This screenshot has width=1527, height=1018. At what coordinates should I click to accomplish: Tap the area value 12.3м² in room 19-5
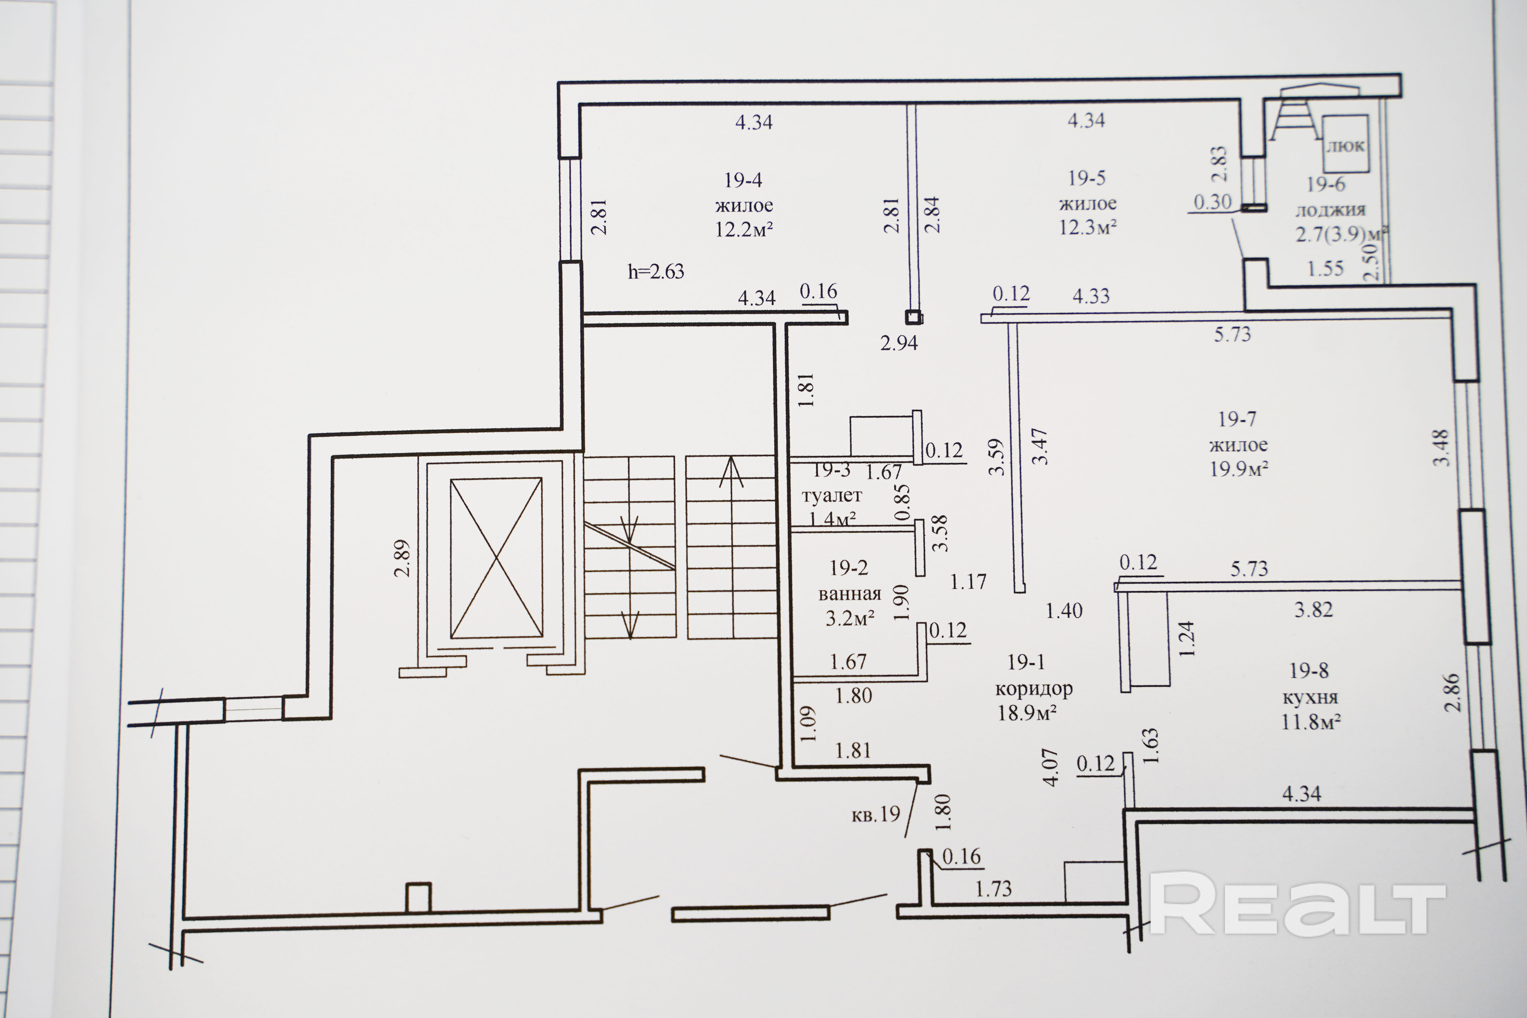coord(1088,227)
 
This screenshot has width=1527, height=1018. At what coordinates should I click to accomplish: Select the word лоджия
coord(1330,210)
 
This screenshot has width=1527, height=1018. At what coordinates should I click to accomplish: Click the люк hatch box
coord(1345,144)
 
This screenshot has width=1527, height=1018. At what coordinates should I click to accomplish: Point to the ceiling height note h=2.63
coord(656,271)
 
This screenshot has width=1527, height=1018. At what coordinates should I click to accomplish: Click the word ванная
coord(849,593)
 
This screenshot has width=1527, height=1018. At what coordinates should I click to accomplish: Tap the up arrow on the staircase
coord(731,472)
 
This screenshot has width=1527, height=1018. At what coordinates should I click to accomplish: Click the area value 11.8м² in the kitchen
coord(1311,721)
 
